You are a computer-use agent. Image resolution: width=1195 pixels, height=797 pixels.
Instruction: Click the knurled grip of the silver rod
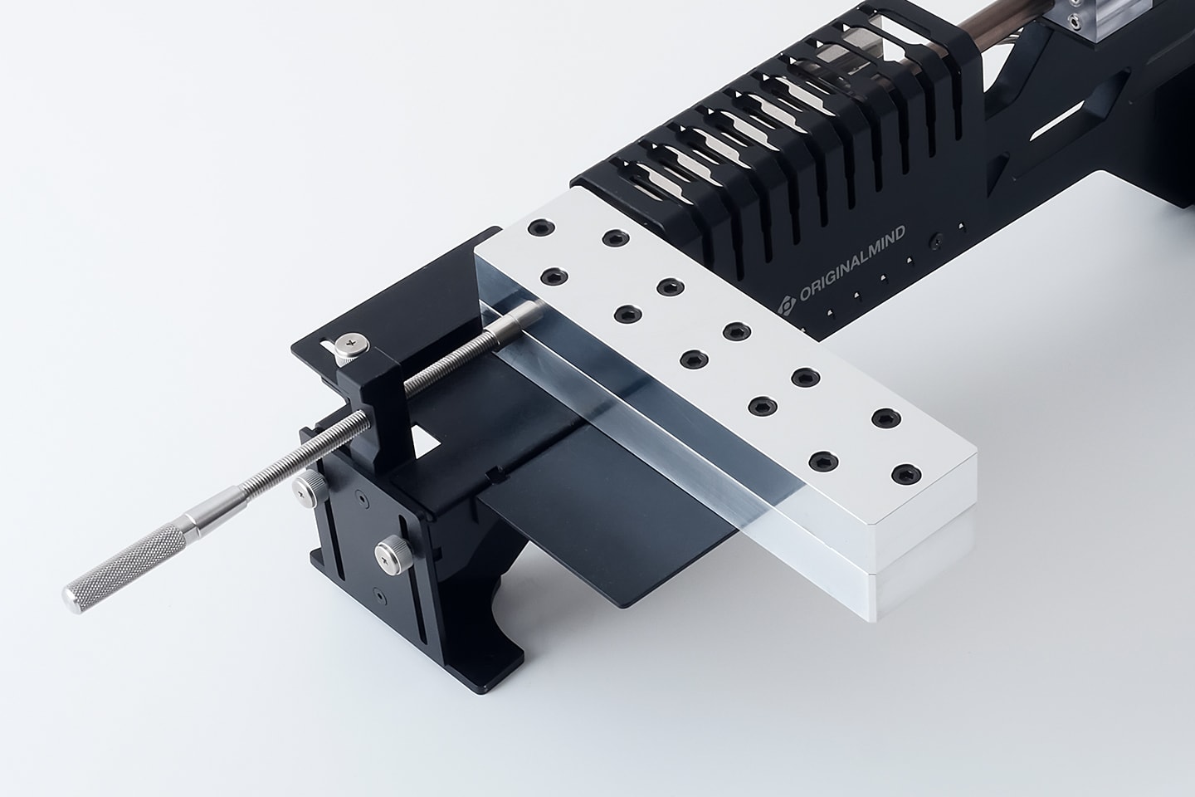pyautogui.click(x=125, y=569)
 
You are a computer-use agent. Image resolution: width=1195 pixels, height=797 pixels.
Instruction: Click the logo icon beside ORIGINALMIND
pyautogui.click(x=787, y=306)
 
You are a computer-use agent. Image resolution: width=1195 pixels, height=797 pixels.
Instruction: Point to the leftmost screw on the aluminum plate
pyautogui.click(x=541, y=228)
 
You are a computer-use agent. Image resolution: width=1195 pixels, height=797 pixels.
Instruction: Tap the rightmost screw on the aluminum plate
pyautogui.click(x=906, y=474)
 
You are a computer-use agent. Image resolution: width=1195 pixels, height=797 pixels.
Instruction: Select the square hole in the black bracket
pyautogui.click(x=426, y=439)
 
